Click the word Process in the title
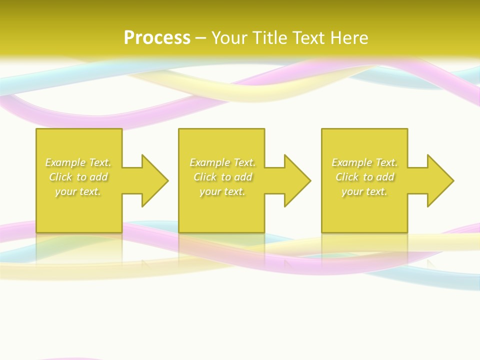tap(157, 38)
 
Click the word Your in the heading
tap(229, 38)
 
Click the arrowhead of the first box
tap(155, 180)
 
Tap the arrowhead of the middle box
tap(297, 180)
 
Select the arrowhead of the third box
tap(440, 180)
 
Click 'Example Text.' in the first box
tap(78, 162)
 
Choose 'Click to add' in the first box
tap(78, 177)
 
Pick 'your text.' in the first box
tap(78, 191)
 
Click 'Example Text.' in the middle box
tap(222, 162)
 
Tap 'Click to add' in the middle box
tap(222, 177)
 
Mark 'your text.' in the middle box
tap(222, 191)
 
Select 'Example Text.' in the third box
tap(364, 162)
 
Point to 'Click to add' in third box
tap(364, 177)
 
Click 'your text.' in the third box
tap(364, 191)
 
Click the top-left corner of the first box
tap(37, 129)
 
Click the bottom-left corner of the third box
tap(322, 231)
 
